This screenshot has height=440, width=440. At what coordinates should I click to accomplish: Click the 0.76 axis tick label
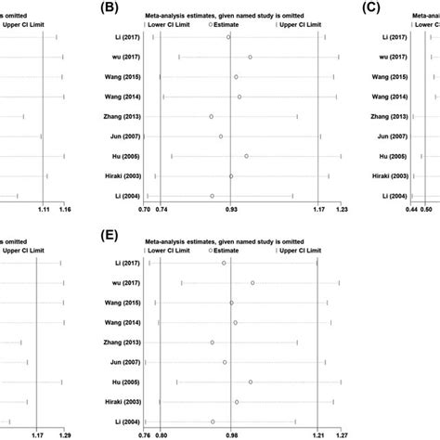[144, 434]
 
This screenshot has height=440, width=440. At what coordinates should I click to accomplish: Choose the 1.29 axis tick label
[65, 434]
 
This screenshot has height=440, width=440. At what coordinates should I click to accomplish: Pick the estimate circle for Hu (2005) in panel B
[246, 156]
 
